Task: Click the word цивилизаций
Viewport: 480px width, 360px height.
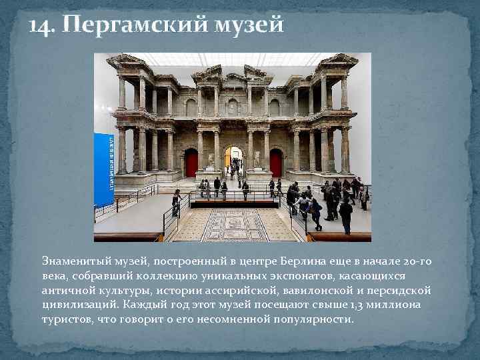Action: click(80, 305)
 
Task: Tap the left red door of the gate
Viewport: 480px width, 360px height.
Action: click(192, 163)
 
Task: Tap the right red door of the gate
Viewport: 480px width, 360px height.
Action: click(276, 163)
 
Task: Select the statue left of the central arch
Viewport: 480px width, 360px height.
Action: click(211, 161)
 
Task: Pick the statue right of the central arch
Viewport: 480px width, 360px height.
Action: click(257, 160)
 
